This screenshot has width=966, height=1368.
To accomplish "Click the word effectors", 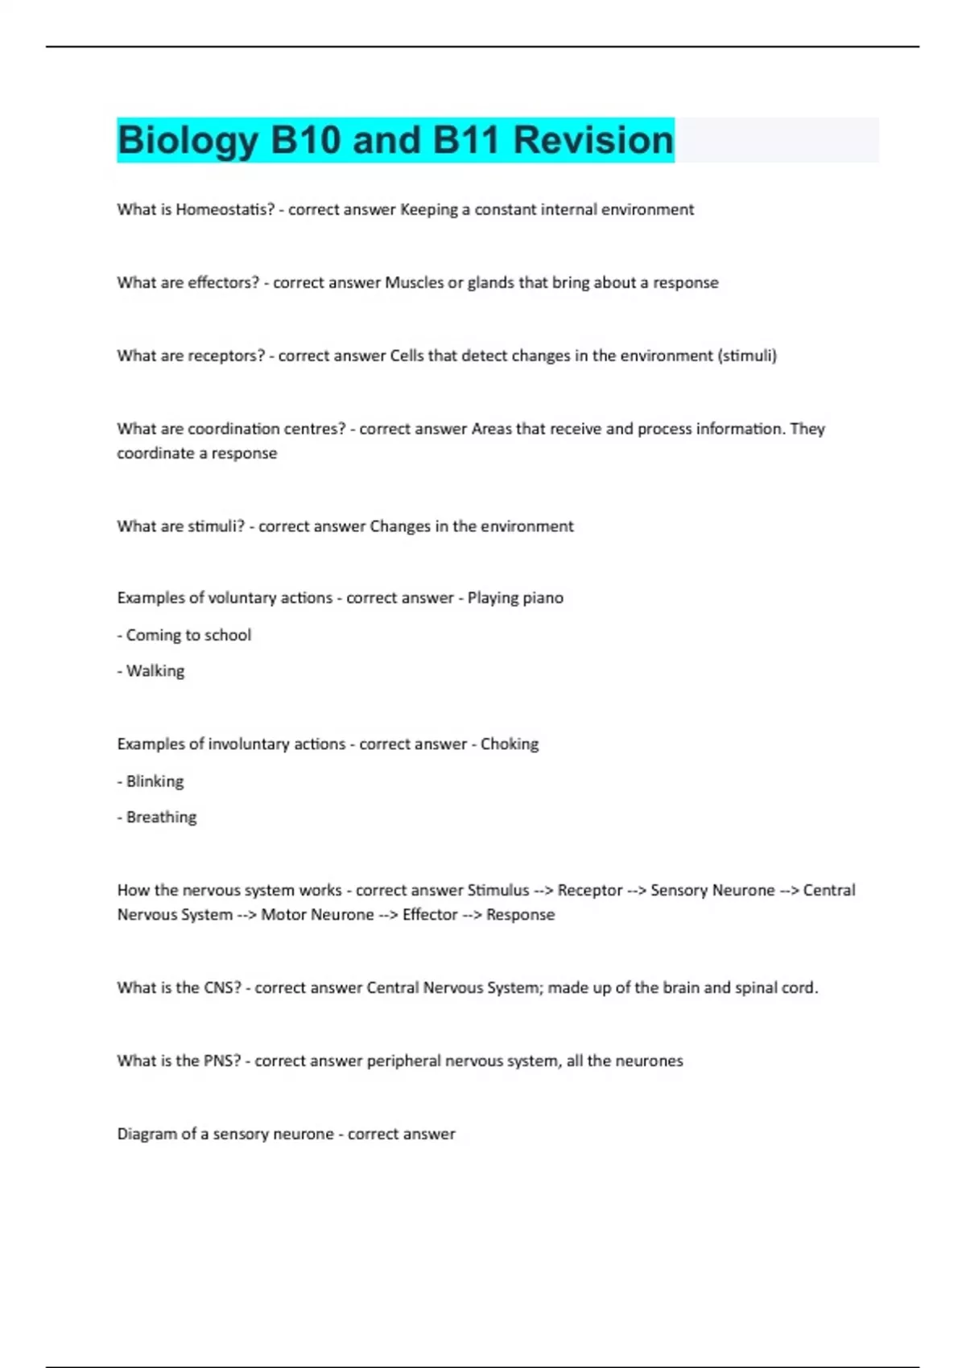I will tap(223, 282).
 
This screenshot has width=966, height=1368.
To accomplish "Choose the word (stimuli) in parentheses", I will tap(746, 356).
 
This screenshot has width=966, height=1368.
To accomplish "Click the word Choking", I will tap(510, 744).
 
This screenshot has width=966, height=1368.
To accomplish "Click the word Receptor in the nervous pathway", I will tap(590, 891).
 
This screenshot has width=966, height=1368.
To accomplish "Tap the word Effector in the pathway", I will tap(430, 915).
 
